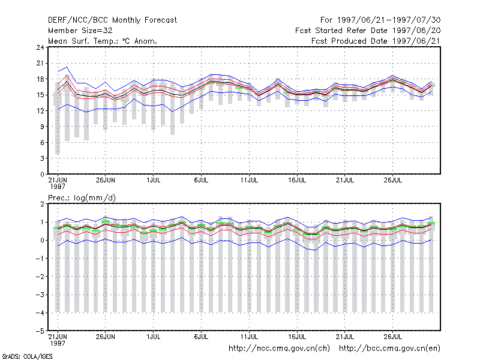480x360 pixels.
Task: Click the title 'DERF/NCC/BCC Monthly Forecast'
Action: pos(112,20)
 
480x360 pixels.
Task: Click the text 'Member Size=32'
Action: pos(80,31)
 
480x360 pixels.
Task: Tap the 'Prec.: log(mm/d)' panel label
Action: pos(82,198)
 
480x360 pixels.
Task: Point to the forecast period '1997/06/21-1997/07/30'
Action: pos(389,20)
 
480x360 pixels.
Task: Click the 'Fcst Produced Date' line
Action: pos(376,41)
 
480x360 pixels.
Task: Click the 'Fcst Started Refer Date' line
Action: pos(368,31)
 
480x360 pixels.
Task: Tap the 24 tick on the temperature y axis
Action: pos(40,47)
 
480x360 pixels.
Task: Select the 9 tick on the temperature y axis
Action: pos(42,127)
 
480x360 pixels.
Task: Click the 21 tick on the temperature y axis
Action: pos(40,64)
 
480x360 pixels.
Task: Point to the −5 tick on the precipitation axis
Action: pos(40,331)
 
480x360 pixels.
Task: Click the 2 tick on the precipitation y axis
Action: pos(42,204)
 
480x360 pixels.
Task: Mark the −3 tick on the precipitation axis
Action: pos(40,295)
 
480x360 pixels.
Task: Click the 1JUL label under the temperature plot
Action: pos(154,181)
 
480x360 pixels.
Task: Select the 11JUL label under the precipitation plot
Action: pos(249,337)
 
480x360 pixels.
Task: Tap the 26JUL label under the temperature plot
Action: pos(393,181)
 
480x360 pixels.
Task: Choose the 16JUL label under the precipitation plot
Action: pos(297,337)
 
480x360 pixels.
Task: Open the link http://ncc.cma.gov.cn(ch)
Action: pos(279,349)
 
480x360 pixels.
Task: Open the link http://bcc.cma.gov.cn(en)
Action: pos(389,349)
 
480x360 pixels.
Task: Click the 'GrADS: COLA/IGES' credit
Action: pos(28,356)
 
